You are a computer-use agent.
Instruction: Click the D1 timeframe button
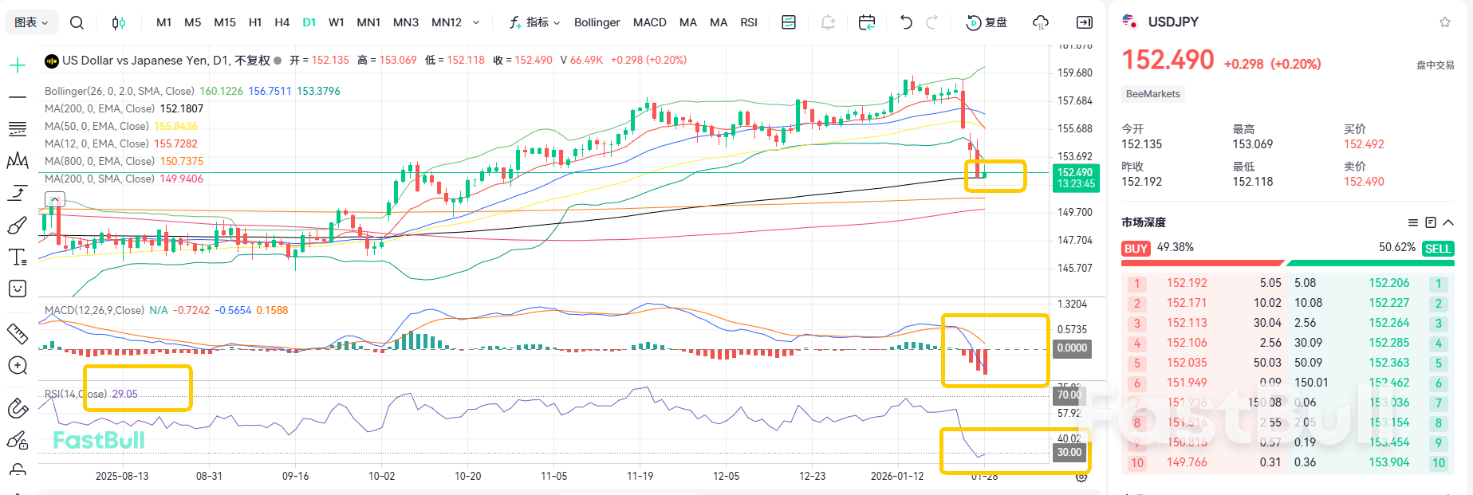[309, 22]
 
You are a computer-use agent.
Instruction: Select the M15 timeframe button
[225, 22]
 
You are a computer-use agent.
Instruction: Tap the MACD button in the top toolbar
[649, 22]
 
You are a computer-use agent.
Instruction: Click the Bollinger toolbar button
[597, 22]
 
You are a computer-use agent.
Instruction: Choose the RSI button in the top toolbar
[748, 22]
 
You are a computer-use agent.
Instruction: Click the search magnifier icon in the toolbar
[77, 22]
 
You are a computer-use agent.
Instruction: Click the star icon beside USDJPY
[1444, 22]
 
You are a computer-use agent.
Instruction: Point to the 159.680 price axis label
[1074, 73]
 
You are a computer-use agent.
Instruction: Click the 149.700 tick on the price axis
[1074, 212]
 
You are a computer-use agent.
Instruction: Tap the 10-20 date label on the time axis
[467, 476]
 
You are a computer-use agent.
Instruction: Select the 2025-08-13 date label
[122, 476]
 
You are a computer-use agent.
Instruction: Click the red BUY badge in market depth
[1135, 249]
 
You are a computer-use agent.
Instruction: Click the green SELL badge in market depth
[1437, 249]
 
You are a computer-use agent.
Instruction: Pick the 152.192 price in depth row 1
[1187, 283]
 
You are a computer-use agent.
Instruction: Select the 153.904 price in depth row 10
[1388, 462]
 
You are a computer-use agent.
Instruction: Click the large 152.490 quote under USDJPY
[1168, 61]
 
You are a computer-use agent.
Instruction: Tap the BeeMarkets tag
[1152, 94]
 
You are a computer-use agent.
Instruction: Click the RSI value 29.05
[124, 394]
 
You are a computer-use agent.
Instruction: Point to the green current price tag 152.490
[1075, 173]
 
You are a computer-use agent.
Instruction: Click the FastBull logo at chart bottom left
[99, 440]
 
